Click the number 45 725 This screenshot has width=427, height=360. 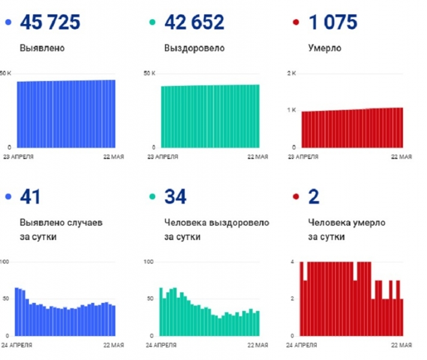click(50, 23)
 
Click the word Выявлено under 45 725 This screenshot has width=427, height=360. click(43, 48)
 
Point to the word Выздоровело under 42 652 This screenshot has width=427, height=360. click(194, 48)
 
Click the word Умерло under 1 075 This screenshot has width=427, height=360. click(324, 48)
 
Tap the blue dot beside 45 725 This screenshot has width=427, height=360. click(8, 23)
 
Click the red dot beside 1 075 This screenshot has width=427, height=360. click(296, 23)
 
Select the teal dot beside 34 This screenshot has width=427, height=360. click(152, 197)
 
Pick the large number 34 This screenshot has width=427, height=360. click(175, 197)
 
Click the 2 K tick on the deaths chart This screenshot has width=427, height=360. click(292, 73)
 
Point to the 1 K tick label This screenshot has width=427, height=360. click(292, 110)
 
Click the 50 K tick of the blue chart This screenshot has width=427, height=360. click(6, 73)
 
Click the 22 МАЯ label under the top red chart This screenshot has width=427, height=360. click(401, 157)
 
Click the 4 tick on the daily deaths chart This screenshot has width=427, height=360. click(291, 262)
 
